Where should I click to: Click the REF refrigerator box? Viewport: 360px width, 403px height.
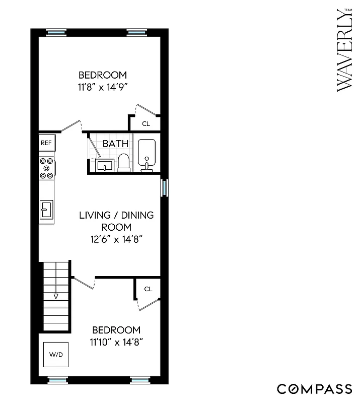46,143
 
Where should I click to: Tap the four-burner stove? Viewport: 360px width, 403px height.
47,168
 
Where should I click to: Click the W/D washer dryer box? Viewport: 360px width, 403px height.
56,355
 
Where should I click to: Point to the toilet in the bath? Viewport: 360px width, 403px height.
124,162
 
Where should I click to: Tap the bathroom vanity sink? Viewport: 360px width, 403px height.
105,165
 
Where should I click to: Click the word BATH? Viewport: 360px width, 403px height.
115,144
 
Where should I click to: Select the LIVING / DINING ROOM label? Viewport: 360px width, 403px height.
116,221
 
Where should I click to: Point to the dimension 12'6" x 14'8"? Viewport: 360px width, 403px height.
116,240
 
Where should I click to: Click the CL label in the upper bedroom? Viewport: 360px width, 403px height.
146,123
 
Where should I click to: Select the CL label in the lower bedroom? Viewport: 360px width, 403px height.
148,289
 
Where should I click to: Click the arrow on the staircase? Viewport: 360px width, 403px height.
56,296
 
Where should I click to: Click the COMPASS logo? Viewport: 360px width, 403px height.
314,389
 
